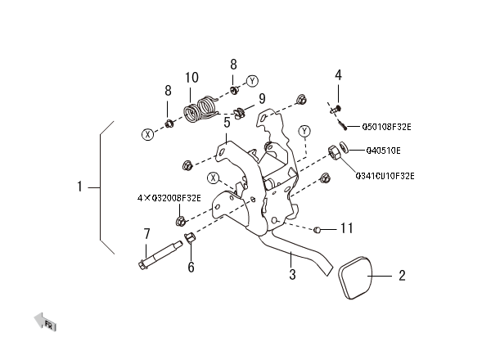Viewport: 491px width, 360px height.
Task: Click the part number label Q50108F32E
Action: pos(386,127)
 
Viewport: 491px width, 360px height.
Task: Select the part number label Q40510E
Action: pos(383,151)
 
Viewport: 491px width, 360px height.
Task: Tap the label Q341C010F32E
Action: pos(385,176)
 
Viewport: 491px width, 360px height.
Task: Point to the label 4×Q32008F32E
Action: pos(169,198)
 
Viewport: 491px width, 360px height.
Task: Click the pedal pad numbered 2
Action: pos(355,277)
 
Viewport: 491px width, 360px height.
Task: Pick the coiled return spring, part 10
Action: pos(200,108)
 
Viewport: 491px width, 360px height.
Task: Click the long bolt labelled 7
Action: pos(160,255)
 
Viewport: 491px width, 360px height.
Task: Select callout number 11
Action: pos(347,228)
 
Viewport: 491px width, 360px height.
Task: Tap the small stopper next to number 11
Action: pos(316,230)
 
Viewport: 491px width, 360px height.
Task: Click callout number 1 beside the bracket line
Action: pos(80,187)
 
